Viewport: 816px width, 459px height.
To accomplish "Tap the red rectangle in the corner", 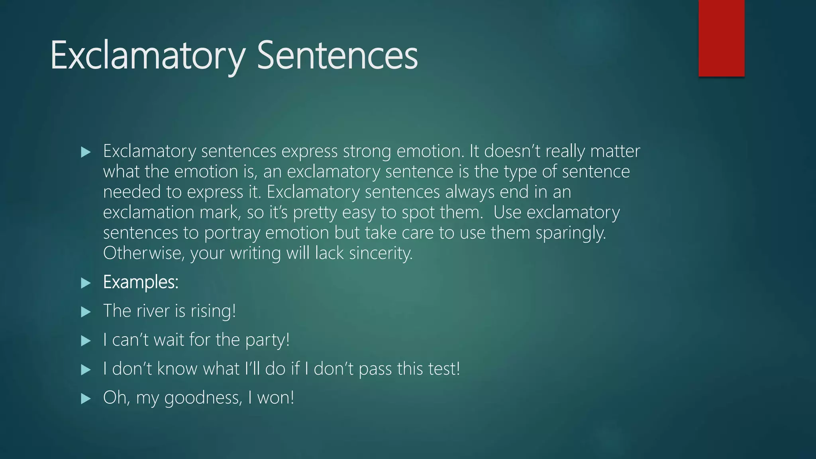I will pyautogui.click(x=721, y=38).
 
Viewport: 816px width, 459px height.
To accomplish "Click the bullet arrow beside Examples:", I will pyautogui.click(x=86, y=283).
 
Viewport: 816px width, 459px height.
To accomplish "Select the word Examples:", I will pyautogui.click(x=141, y=282).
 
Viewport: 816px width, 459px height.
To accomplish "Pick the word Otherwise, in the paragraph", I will pyautogui.click(x=144, y=253).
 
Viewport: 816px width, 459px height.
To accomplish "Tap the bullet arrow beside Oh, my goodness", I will pyautogui.click(x=86, y=398).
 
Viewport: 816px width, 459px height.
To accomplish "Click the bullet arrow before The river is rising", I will pyautogui.click(x=86, y=312).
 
